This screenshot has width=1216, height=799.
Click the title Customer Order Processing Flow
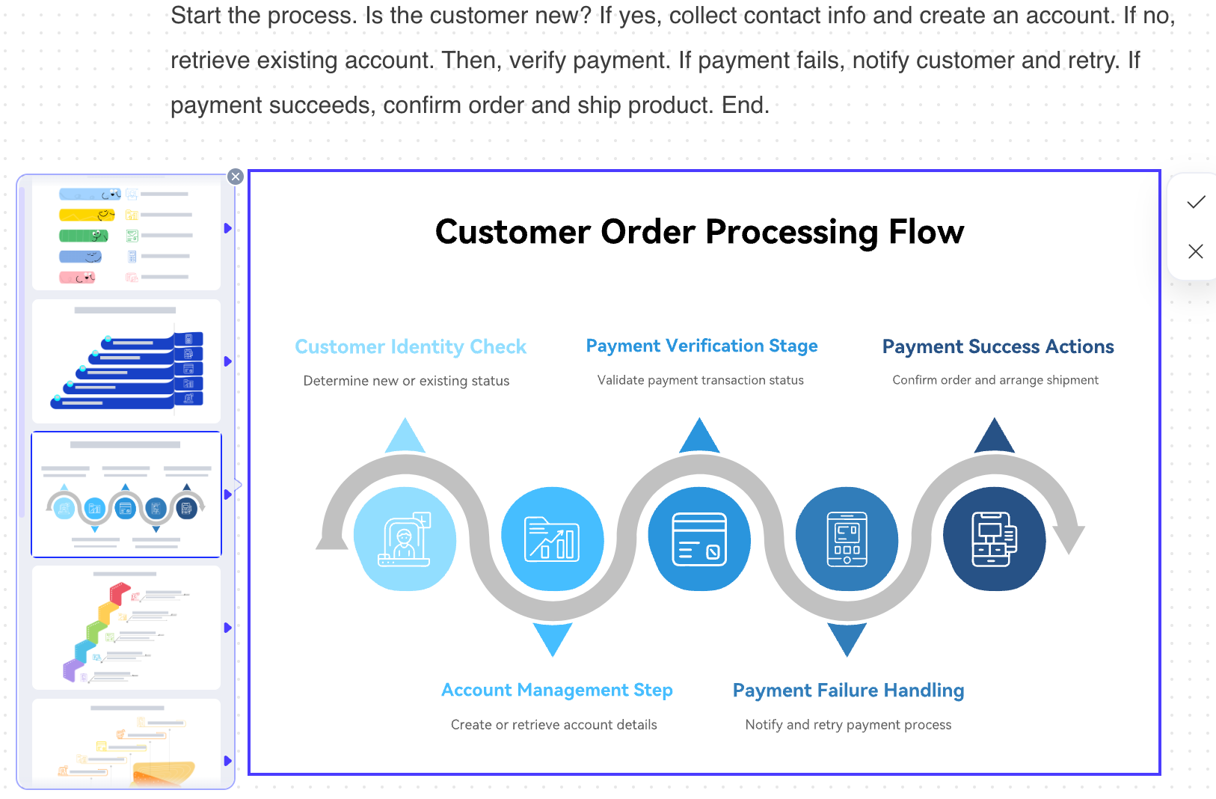point(699,232)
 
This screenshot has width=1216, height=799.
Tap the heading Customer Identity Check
point(411,346)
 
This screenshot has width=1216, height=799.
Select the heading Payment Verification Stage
point(701,346)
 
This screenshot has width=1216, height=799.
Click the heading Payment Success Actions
point(998,346)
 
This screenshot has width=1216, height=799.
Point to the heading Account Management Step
point(557,690)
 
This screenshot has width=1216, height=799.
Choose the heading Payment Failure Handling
point(849,690)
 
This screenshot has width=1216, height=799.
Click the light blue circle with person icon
point(405,539)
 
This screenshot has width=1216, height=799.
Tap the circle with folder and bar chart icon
point(553,539)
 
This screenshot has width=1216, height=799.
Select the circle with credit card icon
point(700,539)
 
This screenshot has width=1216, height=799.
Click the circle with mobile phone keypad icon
point(847,539)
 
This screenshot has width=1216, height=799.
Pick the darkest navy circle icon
point(995,539)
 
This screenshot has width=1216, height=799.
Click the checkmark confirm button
point(1196,202)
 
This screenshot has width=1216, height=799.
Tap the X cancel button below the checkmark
point(1196,251)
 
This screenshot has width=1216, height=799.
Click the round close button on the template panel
point(235,177)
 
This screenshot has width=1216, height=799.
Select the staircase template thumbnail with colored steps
point(126,628)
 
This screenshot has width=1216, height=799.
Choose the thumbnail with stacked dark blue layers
point(126,361)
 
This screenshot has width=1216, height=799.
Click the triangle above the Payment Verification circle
point(700,435)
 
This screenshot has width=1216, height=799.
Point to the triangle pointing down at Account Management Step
point(553,640)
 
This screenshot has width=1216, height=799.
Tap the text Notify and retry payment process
point(848,725)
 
